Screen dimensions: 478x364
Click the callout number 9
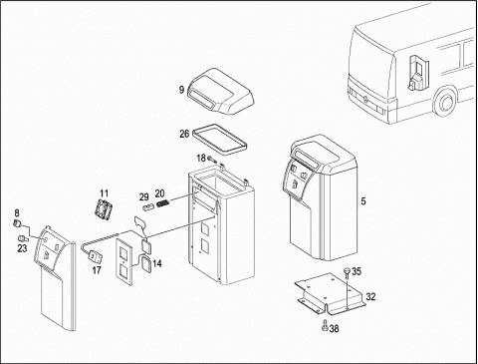pyautogui.click(x=181, y=90)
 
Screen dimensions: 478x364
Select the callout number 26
pyautogui.click(x=184, y=134)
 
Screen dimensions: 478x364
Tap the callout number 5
pyautogui.click(x=363, y=201)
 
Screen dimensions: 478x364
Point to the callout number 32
pyautogui.click(x=370, y=296)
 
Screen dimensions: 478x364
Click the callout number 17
pyautogui.click(x=97, y=270)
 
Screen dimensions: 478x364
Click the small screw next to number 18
pyautogui.click(x=212, y=160)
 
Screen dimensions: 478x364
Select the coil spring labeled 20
pyautogui.click(x=163, y=203)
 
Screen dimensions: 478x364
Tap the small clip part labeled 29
pyautogui.click(x=147, y=207)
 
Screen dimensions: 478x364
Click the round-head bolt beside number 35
pyautogui.click(x=347, y=272)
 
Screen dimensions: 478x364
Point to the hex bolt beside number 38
pyautogui.click(x=325, y=326)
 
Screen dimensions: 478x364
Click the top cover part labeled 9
pyautogui.click(x=220, y=91)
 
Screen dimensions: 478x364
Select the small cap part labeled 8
pyautogui.click(x=16, y=223)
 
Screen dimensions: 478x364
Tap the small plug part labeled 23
pyautogui.click(x=23, y=238)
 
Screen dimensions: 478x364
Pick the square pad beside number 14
pyautogui.click(x=147, y=265)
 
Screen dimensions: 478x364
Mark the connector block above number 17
pyautogui.click(x=96, y=257)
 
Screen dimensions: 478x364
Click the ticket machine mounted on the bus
pyautogui.click(x=417, y=72)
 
